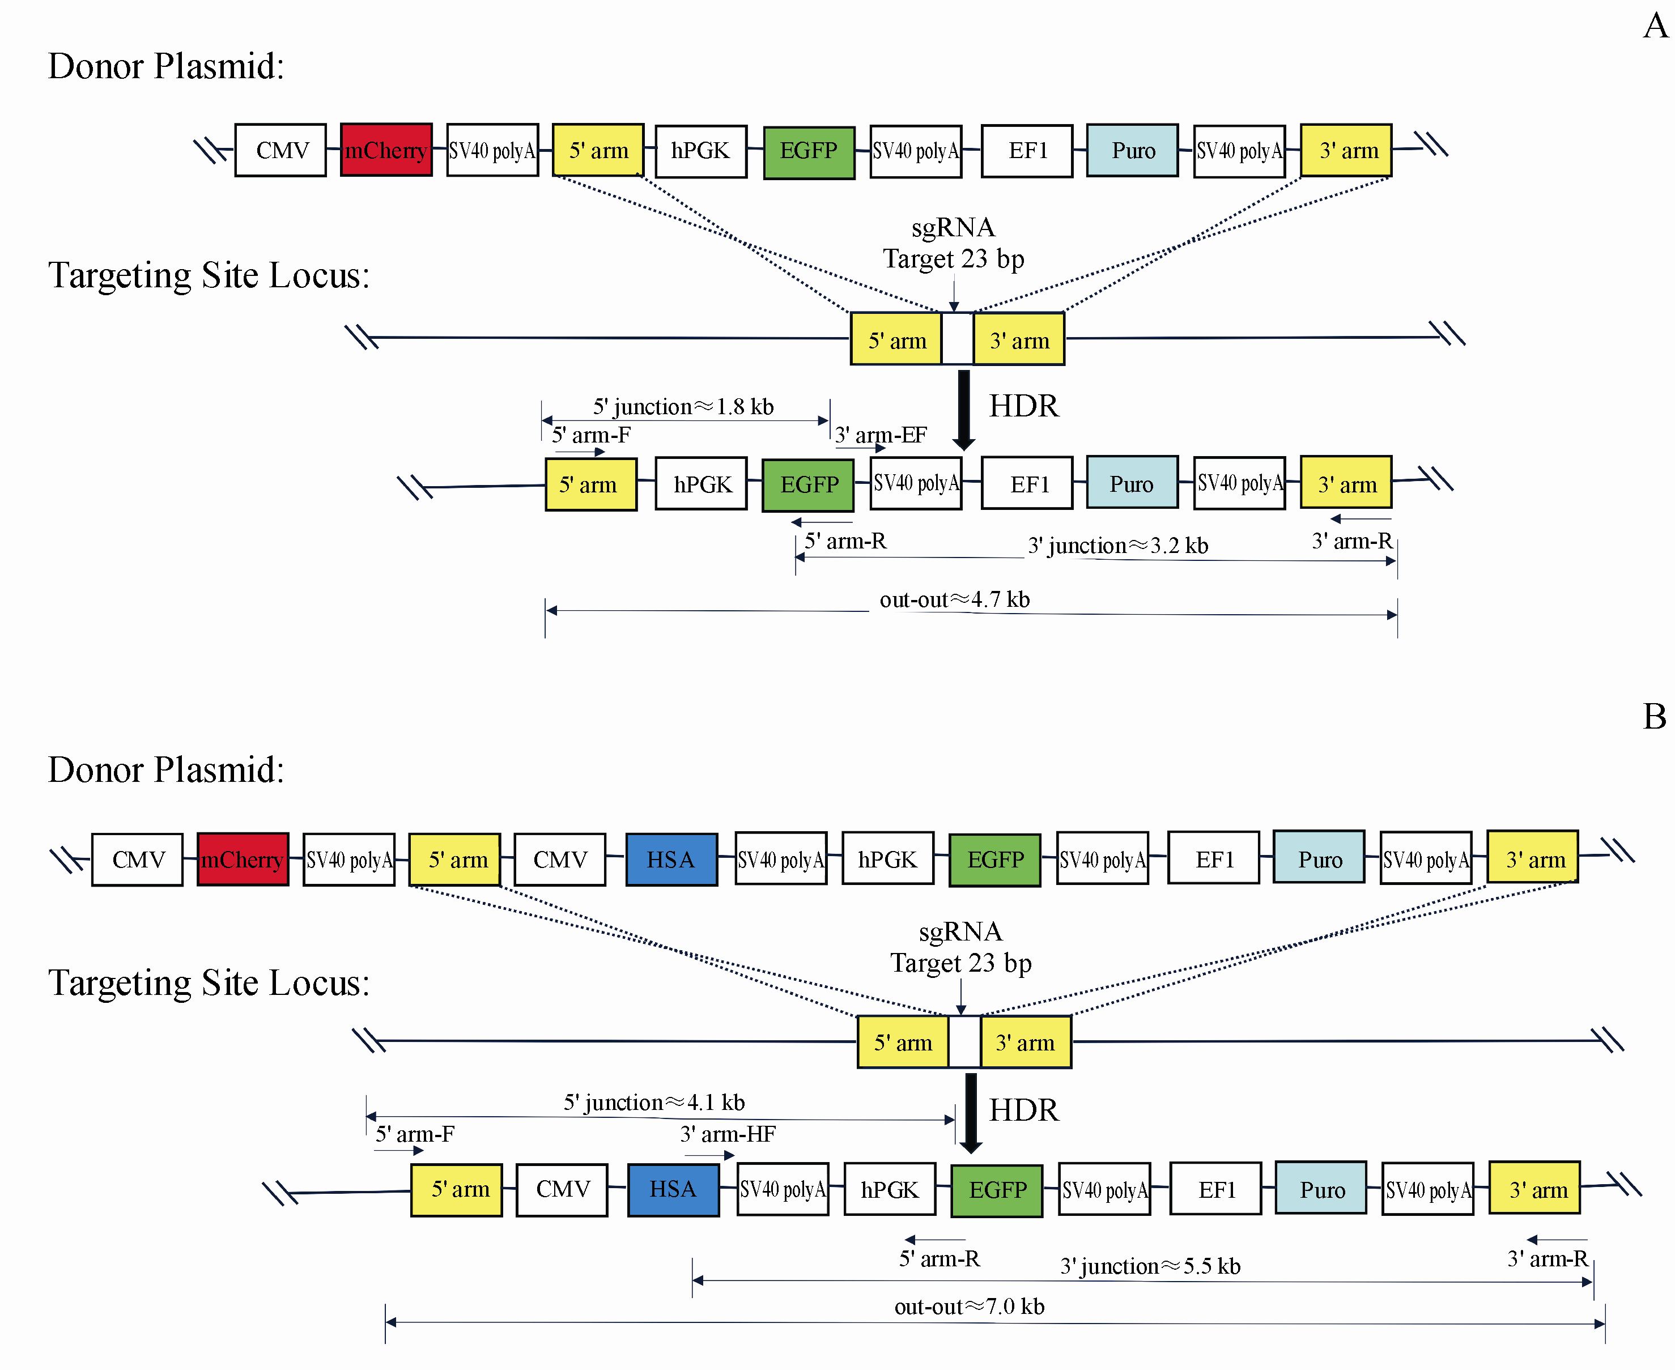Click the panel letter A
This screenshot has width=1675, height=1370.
point(1655,25)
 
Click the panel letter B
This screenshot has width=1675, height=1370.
point(1655,717)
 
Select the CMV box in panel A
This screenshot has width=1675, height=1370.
point(280,150)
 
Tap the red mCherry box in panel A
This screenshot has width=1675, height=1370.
point(386,150)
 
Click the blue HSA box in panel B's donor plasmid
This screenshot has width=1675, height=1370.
point(671,860)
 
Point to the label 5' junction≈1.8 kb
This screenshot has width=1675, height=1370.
point(683,406)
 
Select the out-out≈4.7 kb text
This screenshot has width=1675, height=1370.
point(954,600)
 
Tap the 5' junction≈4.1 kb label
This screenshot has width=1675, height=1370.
point(653,1103)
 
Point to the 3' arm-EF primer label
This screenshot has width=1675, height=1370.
point(881,435)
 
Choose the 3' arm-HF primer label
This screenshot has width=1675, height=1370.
point(728,1134)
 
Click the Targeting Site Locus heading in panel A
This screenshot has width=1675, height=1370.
point(209,275)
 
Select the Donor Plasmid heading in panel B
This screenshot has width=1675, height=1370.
point(166,769)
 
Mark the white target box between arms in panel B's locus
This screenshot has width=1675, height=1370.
point(964,1043)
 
